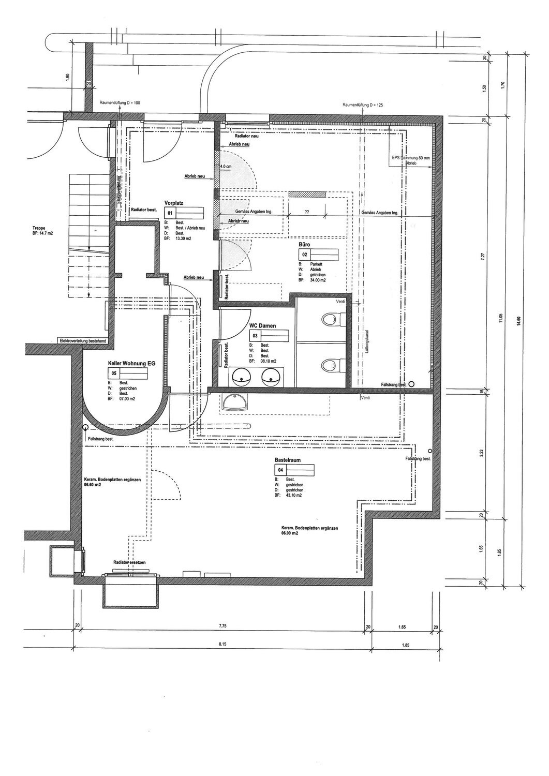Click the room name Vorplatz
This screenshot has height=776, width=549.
tap(173, 203)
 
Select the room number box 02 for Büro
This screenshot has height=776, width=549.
tap(304, 255)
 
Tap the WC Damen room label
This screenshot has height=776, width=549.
tap(262, 326)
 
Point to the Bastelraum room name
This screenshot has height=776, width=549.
tap(288, 459)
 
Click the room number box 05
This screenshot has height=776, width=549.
tap(113, 372)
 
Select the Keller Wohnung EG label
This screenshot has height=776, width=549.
tap(131, 363)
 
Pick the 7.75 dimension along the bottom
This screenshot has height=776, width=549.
tap(223, 626)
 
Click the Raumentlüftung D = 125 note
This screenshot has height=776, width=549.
tap(363, 105)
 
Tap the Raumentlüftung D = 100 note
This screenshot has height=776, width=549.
tap(120, 103)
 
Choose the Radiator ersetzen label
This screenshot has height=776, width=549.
tap(129, 562)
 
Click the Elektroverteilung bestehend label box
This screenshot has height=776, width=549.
tap(83, 341)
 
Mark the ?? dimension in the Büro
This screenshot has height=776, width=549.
tap(306, 212)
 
